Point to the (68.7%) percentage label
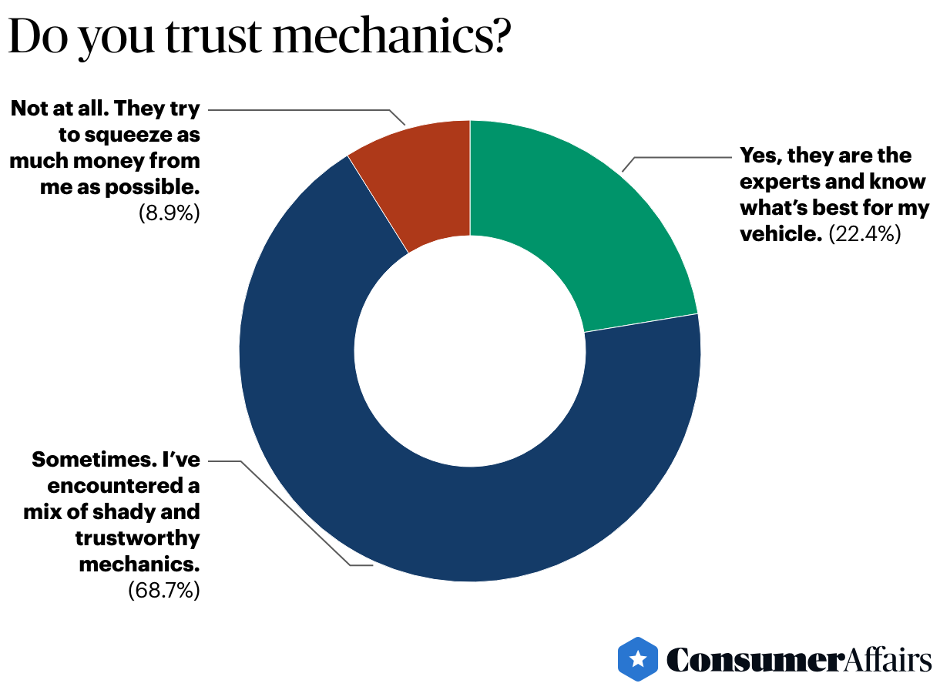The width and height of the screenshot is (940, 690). click(x=163, y=591)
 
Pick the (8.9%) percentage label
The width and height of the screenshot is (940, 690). click(x=170, y=213)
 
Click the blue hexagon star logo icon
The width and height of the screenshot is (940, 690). click(x=638, y=659)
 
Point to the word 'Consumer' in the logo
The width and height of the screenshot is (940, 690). click(x=751, y=660)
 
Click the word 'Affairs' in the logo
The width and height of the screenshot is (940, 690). click(x=885, y=660)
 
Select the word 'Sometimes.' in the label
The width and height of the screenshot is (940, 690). click(x=83, y=461)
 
